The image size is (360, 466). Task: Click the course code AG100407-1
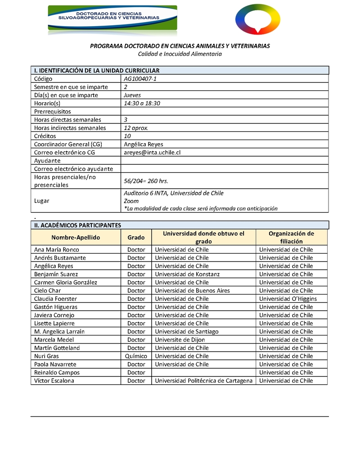(x=140, y=79)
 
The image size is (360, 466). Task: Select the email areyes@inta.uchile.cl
(x=152, y=152)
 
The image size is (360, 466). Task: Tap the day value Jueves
(x=132, y=95)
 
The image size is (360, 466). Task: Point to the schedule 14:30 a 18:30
(x=142, y=103)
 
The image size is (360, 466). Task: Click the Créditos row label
(x=45, y=136)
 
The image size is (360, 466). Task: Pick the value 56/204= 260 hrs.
(x=146, y=181)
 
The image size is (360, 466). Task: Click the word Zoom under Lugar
(x=131, y=201)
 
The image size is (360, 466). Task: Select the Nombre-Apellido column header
(x=76, y=237)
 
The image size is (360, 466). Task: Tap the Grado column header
(x=136, y=237)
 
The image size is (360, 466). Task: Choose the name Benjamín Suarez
(x=56, y=274)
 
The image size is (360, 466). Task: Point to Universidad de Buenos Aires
(x=192, y=290)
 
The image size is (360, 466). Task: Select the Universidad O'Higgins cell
(x=288, y=299)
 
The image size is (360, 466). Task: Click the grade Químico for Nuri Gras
(x=136, y=356)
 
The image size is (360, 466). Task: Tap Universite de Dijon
(x=180, y=339)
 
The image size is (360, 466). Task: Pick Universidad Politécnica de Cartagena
(x=204, y=380)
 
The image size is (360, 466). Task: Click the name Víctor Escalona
(x=54, y=380)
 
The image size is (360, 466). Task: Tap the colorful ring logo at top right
(x=258, y=19)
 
